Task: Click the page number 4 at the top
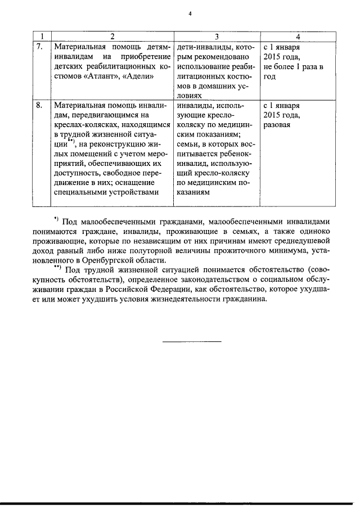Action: [x=190, y=13]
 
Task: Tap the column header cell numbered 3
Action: [x=217, y=37]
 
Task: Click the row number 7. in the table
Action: [x=40, y=47]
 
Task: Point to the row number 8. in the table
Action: [x=40, y=105]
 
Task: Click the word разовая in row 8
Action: [x=277, y=125]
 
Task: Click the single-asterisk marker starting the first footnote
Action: [x=56, y=218]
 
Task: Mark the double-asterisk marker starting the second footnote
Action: [x=57, y=267]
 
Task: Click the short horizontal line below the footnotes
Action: [x=192, y=341]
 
